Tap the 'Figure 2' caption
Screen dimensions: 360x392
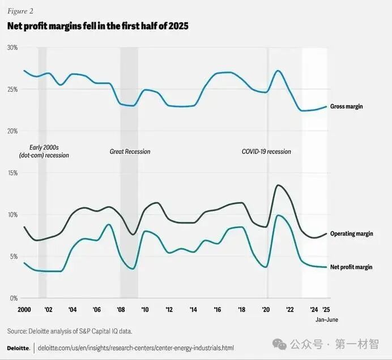pos(19,10)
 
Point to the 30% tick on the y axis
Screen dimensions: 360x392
pos(12,48)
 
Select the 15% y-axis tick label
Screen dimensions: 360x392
pos(12,173)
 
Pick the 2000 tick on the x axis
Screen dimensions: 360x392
pos(24,310)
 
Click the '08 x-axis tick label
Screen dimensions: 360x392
pos(121,310)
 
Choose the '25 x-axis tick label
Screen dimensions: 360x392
pos(326,310)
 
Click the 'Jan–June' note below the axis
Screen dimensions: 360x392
pos(327,320)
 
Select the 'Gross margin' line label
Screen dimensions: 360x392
pos(347,106)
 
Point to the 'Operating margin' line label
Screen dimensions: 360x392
pos(351,234)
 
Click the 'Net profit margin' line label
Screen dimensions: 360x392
pos(351,267)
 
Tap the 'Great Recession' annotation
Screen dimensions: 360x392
pos(130,152)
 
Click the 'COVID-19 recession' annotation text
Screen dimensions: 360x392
pos(266,152)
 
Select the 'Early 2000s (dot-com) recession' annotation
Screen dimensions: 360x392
pos(44,151)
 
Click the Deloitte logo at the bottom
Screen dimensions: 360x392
pos(18,348)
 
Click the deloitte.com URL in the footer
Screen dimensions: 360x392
pos(135,348)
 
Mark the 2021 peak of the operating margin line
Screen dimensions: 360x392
pos(278,185)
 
